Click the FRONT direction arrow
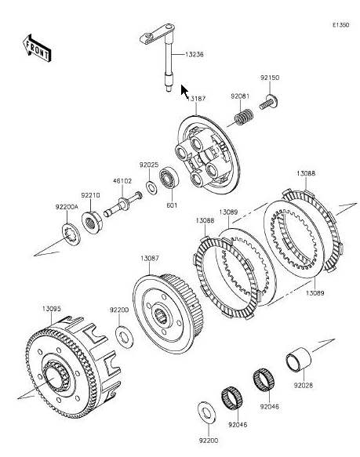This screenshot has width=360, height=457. coord(37,49)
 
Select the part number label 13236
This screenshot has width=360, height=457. coord(195,55)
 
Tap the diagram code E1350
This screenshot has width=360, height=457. coord(340,25)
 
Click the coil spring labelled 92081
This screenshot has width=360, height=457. coord(244,117)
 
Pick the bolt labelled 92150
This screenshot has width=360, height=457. coord(268,103)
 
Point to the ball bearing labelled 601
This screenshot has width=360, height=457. coord(169,178)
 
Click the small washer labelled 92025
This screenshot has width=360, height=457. coord(151,187)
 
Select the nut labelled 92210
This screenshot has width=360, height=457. coord(91,223)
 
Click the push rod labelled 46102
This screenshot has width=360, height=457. coord(123,204)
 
